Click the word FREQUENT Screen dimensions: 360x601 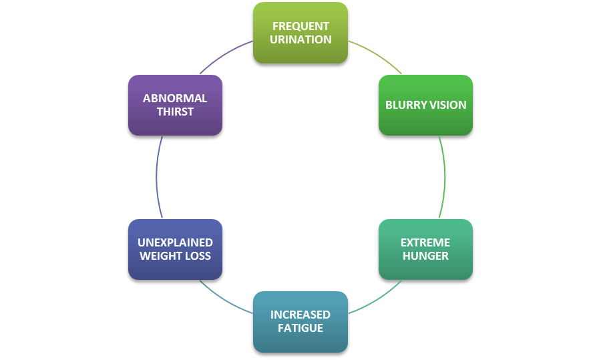(300, 27)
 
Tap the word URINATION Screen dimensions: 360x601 (300, 39)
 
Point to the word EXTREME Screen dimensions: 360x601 (425, 242)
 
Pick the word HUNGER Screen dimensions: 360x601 (425, 256)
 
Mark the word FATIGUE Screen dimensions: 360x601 (300, 328)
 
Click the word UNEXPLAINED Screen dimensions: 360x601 (175, 242)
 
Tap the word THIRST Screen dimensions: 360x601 (175, 112)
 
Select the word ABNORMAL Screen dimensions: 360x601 (175, 98)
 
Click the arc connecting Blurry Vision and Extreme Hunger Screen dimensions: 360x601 (445, 177)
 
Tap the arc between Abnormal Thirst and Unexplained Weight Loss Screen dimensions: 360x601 (156, 177)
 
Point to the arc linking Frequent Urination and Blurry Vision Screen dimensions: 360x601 (377, 53)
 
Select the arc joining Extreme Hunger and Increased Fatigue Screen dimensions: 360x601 (377, 300)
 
